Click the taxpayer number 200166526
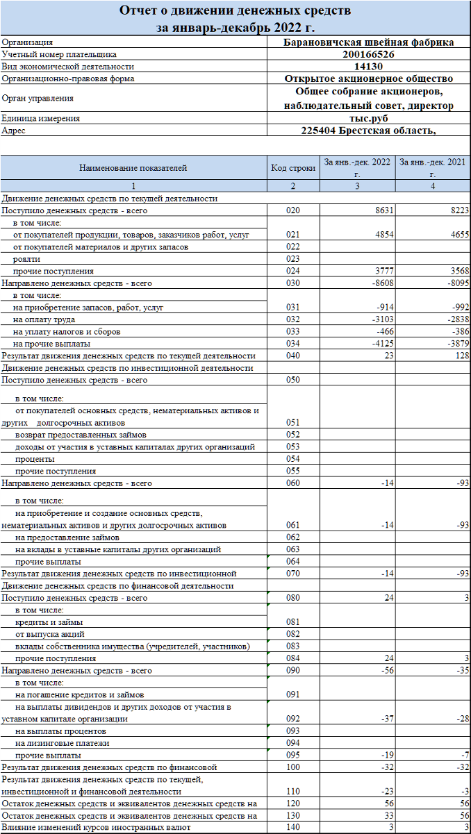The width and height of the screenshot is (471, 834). (x=369, y=54)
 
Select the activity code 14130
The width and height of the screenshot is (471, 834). (x=369, y=67)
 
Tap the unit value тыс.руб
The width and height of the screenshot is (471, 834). (x=369, y=118)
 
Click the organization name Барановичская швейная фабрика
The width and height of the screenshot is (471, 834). (x=369, y=42)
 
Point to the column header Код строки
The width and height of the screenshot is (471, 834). (x=292, y=168)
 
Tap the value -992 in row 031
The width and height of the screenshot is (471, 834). (x=455, y=307)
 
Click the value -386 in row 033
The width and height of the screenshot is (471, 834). (x=455, y=331)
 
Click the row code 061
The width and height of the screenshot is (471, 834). (x=292, y=525)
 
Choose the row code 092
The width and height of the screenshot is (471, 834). (x=292, y=719)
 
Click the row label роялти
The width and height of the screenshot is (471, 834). (x=27, y=259)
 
